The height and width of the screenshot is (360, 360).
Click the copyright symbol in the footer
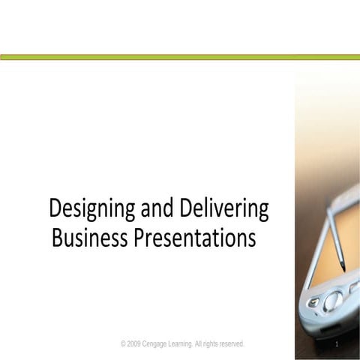[x=123, y=343]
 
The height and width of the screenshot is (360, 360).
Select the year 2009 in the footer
[x=135, y=343]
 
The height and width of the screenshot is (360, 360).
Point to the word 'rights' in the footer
[x=221, y=343]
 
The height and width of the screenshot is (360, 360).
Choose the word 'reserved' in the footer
[x=245, y=343]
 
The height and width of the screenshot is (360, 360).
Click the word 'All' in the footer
[x=208, y=343]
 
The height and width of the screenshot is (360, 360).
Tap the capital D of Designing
[x=55, y=208]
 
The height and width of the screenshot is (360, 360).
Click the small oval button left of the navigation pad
[x=313, y=302]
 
